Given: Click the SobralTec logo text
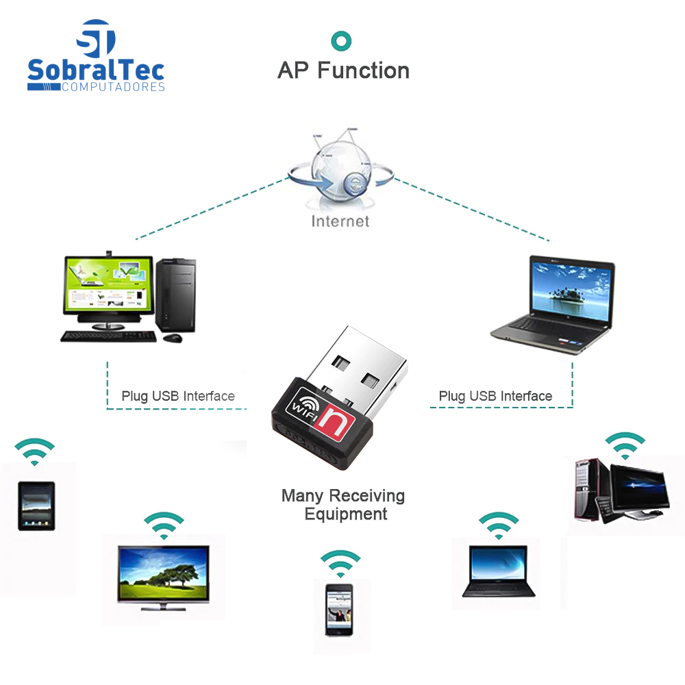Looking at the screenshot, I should tap(96, 71).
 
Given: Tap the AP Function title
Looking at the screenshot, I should tap(343, 71).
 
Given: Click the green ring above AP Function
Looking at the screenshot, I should tap(340, 40).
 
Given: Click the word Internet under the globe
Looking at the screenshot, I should tap(340, 221).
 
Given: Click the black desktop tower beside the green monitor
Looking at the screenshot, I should tap(175, 295).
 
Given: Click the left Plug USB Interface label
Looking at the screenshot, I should tap(178, 396).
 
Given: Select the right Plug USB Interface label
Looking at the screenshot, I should tap(495, 396).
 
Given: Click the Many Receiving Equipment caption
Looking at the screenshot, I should tap(343, 505).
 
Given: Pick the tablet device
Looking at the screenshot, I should tap(36, 506).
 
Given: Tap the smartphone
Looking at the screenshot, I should tap(339, 610).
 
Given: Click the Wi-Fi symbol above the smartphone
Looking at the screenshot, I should tap(340, 562).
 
